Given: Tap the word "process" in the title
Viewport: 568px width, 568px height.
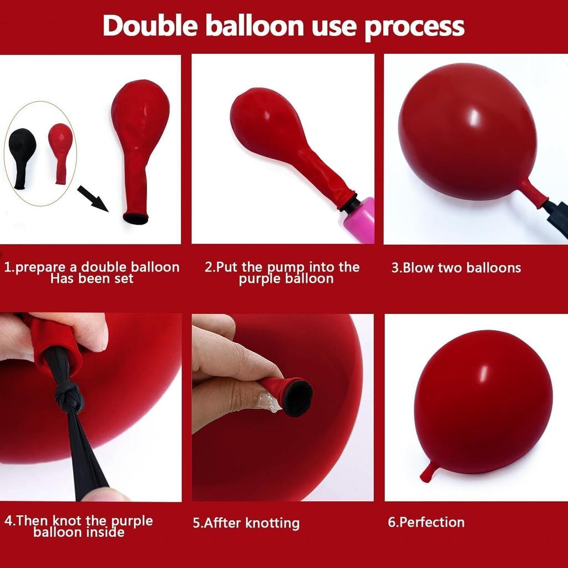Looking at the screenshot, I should click(x=414, y=26).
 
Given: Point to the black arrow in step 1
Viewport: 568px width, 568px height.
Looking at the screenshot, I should click(x=92, y=199).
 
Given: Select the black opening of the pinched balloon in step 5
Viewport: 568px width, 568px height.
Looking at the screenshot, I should click(x=297, y=397).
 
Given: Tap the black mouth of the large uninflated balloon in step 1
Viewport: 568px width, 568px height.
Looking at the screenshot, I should click(x=136, y=219).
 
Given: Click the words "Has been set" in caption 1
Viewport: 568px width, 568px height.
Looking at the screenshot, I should click(x=92, y=278).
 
